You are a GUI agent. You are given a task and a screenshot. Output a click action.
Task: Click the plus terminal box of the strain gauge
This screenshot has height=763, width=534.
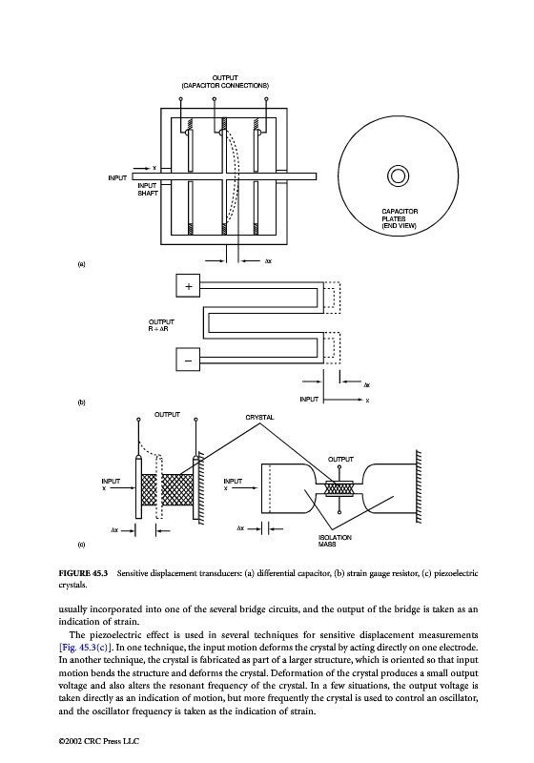188,286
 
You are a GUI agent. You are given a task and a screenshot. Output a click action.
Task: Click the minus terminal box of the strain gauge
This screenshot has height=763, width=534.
188,360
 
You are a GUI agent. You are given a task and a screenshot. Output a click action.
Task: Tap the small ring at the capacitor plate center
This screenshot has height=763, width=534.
398,175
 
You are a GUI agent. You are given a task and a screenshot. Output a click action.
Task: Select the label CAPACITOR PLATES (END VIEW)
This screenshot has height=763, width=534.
400,218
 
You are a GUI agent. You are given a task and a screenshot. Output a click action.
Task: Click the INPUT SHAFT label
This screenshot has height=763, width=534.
148,189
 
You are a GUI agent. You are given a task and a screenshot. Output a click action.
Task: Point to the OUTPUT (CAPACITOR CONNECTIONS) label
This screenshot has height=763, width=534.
225,82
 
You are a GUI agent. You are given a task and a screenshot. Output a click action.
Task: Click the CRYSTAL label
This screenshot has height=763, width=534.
259,418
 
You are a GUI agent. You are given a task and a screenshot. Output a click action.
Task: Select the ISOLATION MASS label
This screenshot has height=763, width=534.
335,541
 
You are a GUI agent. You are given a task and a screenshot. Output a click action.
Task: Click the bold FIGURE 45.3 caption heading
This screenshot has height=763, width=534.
83,573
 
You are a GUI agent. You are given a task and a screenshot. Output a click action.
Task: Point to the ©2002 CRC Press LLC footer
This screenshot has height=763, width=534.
99,741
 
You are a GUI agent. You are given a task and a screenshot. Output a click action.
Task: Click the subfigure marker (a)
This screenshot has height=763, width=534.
81,264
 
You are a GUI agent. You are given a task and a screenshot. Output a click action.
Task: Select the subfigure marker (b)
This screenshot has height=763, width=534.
81,402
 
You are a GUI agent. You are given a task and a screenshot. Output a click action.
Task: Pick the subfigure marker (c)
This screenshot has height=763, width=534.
81,545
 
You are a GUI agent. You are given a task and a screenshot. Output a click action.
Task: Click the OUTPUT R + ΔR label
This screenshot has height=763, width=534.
161,325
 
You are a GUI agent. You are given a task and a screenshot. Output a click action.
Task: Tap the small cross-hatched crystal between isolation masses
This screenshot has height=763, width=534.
339,488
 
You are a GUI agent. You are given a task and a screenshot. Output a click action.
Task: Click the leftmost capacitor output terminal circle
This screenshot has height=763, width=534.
181,99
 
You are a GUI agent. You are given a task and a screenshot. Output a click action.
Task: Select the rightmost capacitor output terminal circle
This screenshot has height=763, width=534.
266,99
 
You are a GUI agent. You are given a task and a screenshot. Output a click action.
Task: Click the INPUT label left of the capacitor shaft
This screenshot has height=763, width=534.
117,178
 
